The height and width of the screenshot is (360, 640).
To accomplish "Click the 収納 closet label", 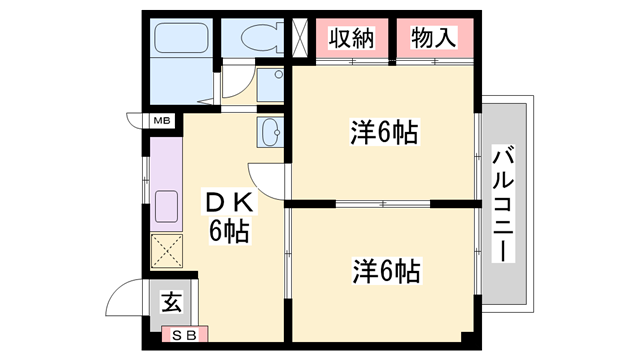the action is tap(351, 39).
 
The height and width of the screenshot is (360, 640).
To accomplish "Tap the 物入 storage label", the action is tap(433, 38).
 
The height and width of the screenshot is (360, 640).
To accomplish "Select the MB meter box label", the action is tap(162, 121).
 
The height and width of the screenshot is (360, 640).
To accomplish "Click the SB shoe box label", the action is tap(184, 336).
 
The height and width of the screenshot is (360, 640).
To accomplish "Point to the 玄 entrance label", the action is tap(171, 303).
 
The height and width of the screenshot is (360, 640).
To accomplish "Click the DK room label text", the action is tap(230, 203).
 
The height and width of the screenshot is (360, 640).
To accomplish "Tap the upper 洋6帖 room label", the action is tap(384, 132).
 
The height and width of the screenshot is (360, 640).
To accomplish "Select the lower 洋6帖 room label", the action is tap(387, 271).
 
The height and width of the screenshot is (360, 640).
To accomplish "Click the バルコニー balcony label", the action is tap(503, 204).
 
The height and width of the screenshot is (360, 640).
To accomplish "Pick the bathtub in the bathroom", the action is tap(181, 38).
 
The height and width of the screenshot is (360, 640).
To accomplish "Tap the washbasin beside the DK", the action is tap(270, 132).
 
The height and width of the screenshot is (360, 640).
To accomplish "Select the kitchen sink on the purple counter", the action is tap(167, 207).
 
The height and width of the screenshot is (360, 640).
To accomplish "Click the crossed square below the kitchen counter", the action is tap(167, 251).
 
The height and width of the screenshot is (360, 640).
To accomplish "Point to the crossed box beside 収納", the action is tap(300, 38).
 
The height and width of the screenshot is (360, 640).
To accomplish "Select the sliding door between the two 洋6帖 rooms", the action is tap(382, 204).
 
